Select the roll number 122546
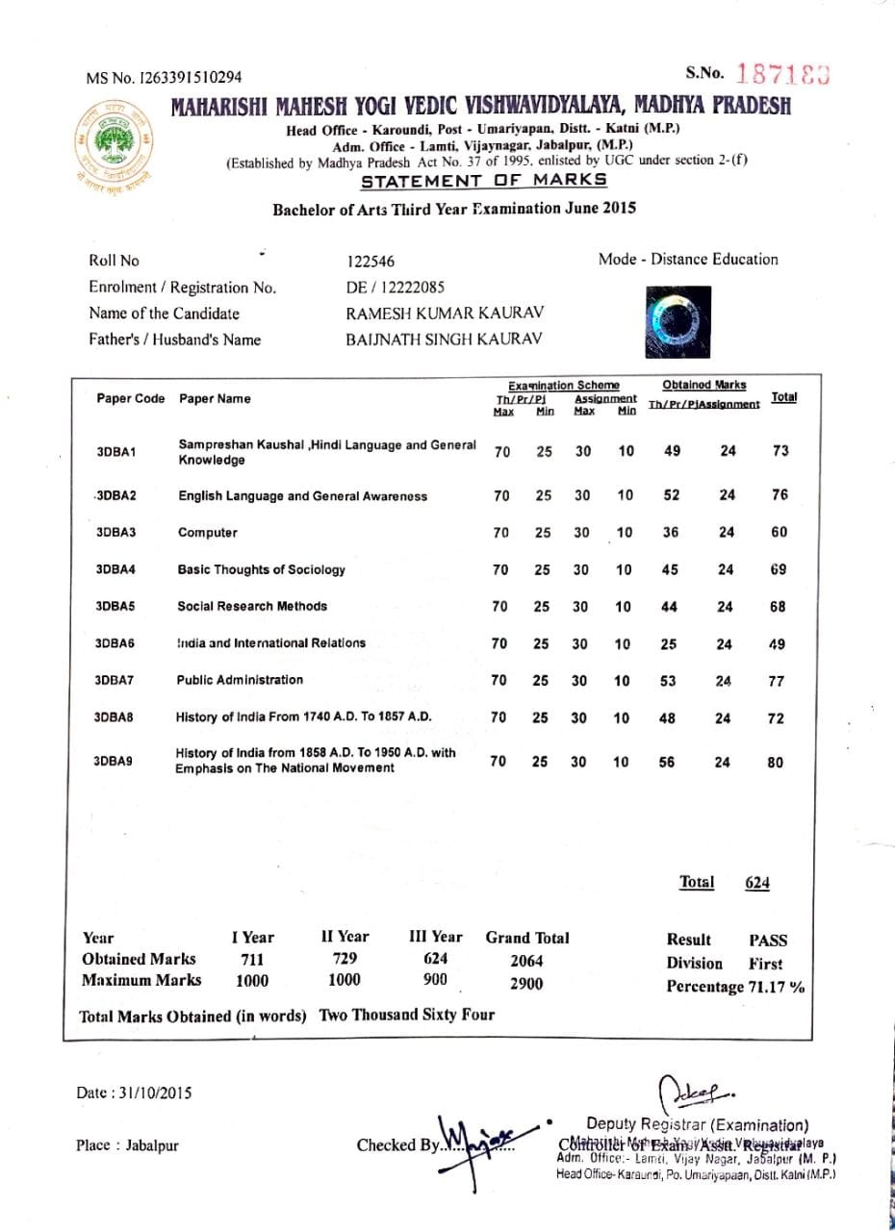[370, 262]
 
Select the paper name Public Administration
[240, 680]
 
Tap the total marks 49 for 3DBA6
[778, 644]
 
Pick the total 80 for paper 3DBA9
[776, 763]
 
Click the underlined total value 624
[756, 883]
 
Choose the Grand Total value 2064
[526, 961]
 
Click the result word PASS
[767, 940]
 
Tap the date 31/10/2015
[153, 1093]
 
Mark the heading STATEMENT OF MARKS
[483, 181]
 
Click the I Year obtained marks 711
[251, 960]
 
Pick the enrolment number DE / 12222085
[395, 288]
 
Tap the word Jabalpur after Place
[152, 1145]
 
